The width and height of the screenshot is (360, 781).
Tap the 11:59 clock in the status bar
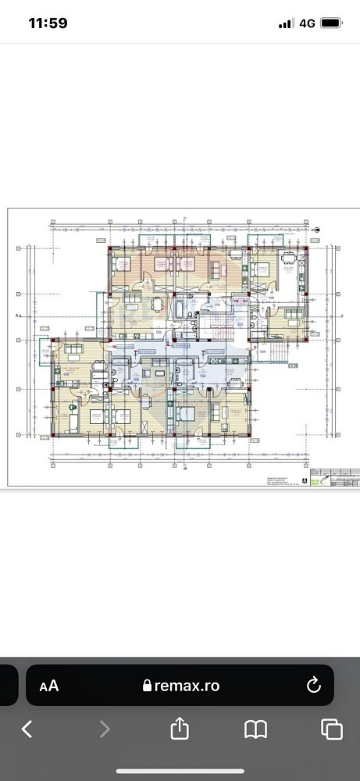tap(48, 23)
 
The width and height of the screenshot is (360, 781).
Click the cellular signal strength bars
tap(285, 23)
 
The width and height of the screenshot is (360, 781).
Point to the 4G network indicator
tap(307, 23)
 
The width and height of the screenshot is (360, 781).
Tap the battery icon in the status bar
tap(332, 23)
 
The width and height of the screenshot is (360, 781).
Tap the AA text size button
tap(49, 686)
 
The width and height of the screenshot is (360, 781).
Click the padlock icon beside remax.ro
tap(147, 686)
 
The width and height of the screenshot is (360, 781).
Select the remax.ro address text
tap(188, 686)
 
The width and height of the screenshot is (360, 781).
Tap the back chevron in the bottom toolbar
tap(27, 729)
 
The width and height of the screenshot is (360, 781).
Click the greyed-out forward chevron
tap(104, 729)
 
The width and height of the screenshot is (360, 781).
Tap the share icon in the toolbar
tap(180, 729)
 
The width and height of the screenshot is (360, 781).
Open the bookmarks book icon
tap(255, 729)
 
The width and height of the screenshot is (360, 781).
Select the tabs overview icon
tap(332, 729)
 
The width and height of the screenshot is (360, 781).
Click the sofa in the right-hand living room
tap(290, 315)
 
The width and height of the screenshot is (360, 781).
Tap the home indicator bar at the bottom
tap(180, 772)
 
